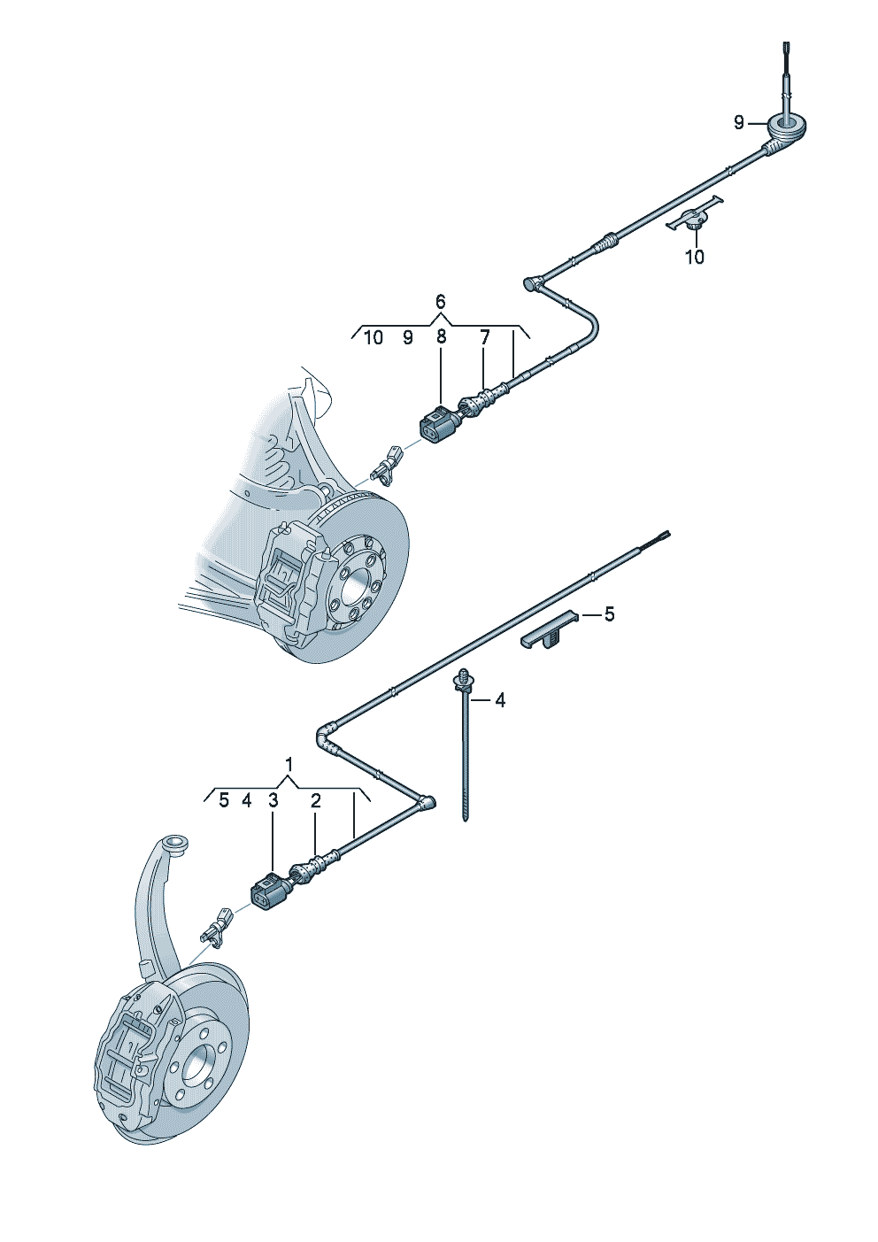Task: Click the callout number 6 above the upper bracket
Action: pyautogui.click(x=440, y=302)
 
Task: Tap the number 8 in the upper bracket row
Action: pyautogui.click(x=441, y=337)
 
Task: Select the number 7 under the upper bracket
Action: pyautogui.click(x=484, y=337)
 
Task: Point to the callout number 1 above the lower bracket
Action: pyautogui.click(x=289, y=765)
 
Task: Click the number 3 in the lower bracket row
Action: pyautogui.click(x=273, y=800)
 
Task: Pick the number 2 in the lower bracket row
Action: pyautogui.click(x=315, y=800)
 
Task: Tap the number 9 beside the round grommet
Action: pyautogui.click(x=739, y=122)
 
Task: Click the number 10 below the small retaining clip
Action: pyautogui.click(x=695, y=257)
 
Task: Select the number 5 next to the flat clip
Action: pyautogui.click(x=609, y=614)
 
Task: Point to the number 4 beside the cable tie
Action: pyautogui.click(x=500, y=701)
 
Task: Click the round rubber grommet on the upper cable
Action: pyautogui.click(x=786, y=128)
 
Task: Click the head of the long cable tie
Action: pyautogui.click(x=462, y=681)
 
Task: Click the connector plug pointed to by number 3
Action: pyautogui.click(x=269, y=887)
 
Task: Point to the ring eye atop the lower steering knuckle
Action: pyautogui.click(x=177, y=846)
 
